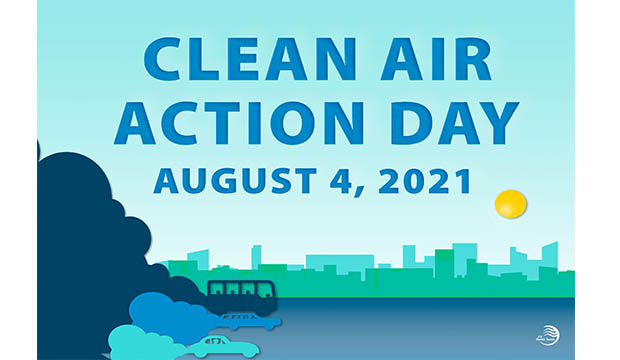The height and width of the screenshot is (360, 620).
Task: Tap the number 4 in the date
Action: pyautogui.click(x=329, y=182)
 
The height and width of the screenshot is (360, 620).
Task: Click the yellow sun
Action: pyautogui.click(x=510, y=204)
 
